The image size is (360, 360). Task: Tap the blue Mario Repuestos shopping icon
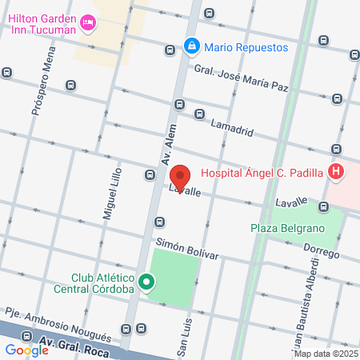click(x=192, y=47)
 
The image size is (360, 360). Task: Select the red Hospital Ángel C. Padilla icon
click(x=336, y=171)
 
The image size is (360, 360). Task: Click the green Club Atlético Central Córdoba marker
click(x=146, y=282)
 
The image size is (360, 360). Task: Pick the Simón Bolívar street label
click(x=186, y=247)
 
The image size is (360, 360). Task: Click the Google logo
click(x=26, y=350)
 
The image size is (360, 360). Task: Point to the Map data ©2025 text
click(x=326, y=354)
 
